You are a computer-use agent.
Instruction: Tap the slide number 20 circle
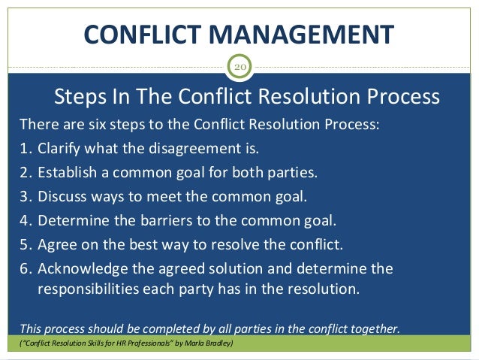click(239, 68)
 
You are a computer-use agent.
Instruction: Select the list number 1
click(24, 148)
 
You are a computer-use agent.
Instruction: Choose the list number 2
click(24, 171)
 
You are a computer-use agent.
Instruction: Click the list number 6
click(24, 268)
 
